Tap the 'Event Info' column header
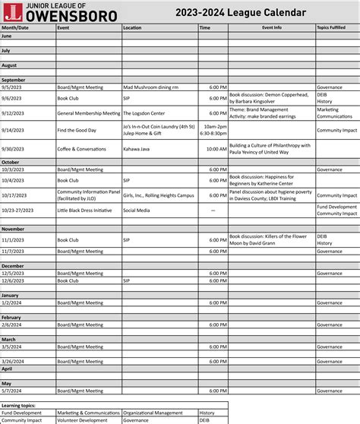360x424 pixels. (x=271, y=27)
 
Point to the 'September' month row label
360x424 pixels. (x=14, y=80)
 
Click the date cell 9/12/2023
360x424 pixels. (x=11, y=112)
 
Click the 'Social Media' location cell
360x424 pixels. (x=137, y=210)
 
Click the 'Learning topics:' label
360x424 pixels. (x=18, y=406)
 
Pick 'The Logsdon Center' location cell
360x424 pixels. (x=144, y=112)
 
